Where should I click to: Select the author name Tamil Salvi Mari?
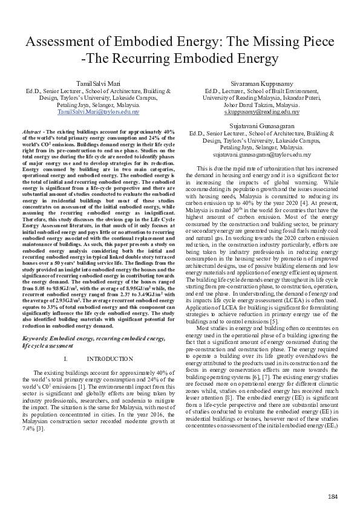tap(98, 82)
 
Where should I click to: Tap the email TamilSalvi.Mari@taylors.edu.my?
tap(98, 112)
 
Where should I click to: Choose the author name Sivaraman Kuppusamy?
tap(261, 82)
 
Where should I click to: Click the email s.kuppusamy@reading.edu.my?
tap(261, 112)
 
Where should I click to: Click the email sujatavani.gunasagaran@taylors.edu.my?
tap(261, 154)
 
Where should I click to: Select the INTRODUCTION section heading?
tap(110, 359)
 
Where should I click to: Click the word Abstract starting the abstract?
tap(31, 131)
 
